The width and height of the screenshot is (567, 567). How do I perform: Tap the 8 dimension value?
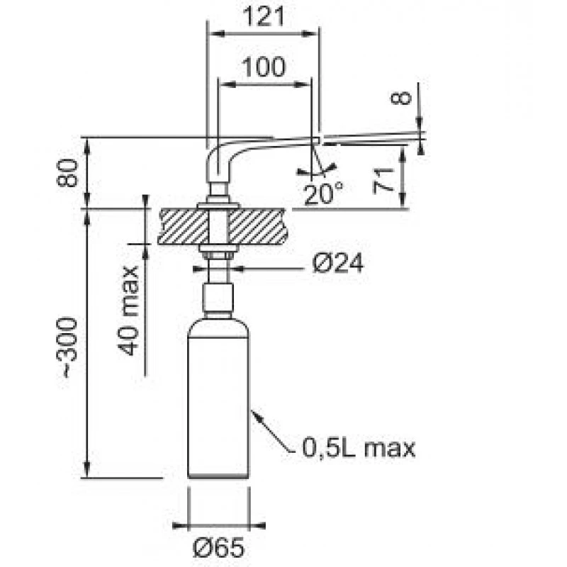point(403,97)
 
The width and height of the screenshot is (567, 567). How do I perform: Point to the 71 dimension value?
point(383,181)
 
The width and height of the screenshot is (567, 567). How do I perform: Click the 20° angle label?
point(323,193)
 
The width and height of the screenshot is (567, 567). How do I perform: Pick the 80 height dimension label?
point(67,173)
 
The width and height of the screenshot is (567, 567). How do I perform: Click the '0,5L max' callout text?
point(358,448)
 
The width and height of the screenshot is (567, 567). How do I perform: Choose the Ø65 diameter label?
point(219,547)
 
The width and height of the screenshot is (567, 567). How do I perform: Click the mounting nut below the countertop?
point(219,252)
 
